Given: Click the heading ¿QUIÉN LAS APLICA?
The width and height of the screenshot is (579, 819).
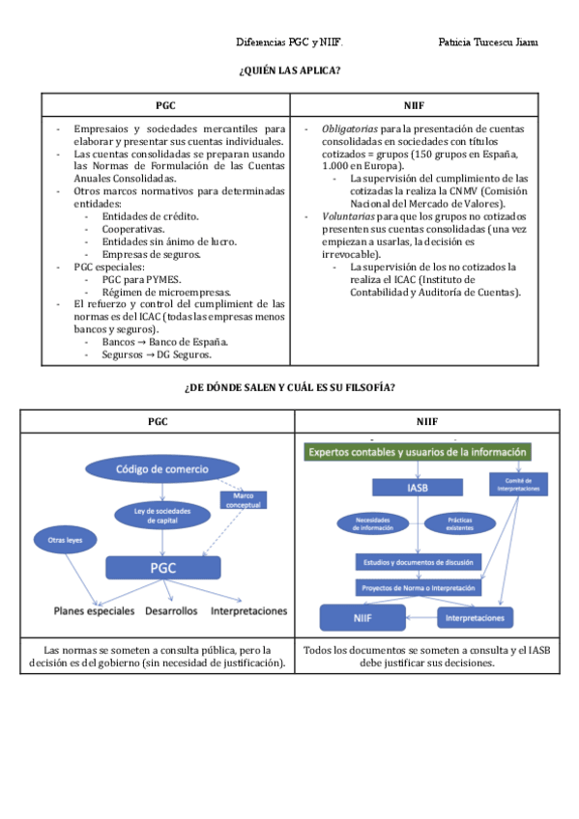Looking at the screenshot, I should click(289, 71).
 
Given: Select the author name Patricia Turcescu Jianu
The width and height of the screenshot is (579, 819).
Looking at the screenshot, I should click(488, 42).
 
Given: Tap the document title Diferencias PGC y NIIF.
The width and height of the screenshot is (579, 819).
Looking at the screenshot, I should click(289, 42).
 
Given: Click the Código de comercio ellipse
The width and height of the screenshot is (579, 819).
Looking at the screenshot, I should click(161, 469).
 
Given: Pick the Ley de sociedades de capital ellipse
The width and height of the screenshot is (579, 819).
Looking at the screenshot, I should click(161, 515).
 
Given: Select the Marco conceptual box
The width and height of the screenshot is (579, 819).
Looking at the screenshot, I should click(244, 499).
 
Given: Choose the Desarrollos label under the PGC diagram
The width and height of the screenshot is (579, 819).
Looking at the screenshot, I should click(171, 611).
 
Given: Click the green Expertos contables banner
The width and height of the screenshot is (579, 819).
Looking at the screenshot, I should click(418, 452).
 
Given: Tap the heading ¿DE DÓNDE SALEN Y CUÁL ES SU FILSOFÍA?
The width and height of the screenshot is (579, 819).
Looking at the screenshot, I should click(289, 387).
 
